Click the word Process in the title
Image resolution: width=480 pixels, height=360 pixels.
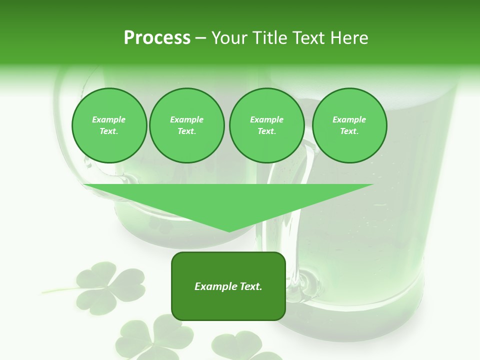pos(157,38)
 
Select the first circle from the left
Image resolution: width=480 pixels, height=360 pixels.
pos(109,125)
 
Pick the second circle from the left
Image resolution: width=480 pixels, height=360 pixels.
pos(186,125)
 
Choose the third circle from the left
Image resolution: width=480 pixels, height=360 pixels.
pos(266,125)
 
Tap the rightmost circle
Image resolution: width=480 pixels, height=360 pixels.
pos(349,125)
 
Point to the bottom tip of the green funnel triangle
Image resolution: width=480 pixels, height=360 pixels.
pos(229,231)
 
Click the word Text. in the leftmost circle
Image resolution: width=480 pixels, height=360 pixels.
pos(109,131)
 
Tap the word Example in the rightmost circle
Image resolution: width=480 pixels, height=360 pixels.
pos(349,119)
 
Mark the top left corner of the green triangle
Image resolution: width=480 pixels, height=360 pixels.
pos(84,184)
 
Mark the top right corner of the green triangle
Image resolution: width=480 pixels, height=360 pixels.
pos(373,184)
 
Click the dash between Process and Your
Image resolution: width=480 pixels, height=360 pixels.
pos(201,38)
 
